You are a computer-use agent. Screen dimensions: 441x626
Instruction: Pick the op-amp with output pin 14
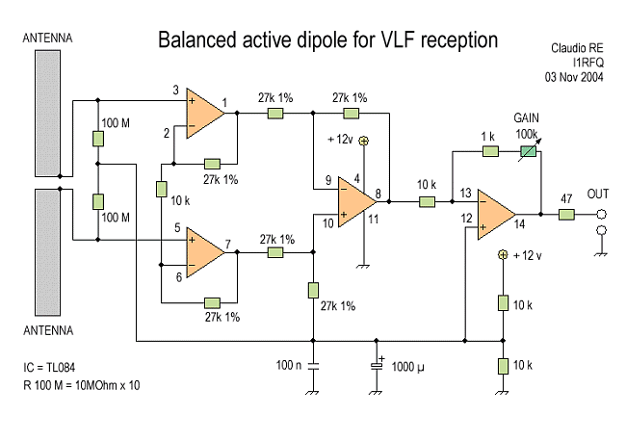[x=495, y=213]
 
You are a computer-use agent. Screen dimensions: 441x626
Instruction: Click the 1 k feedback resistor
[x=488, y=151]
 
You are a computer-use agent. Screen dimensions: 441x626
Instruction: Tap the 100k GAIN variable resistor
[x=527, y=151]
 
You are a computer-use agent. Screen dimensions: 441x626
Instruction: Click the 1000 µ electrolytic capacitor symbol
[x=377, y=366]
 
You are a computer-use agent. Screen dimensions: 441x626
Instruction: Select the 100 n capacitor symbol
[x=313, y=366]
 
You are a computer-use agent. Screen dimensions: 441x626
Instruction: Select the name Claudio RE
[x=578, y=47]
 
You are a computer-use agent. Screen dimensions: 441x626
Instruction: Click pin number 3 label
[x=176, y=91]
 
